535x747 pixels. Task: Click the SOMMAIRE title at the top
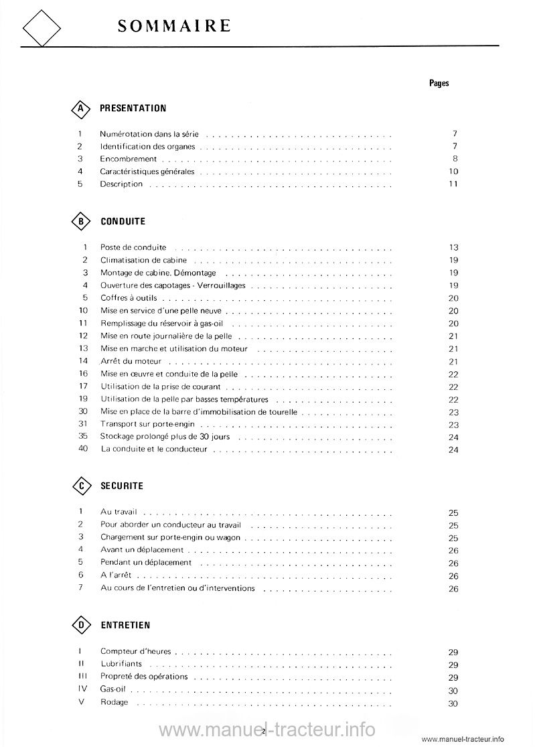pyautogui.click(x=174, y=25)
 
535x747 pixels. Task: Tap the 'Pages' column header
pyautogui.click(x=439, y=83)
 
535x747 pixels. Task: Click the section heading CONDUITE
pyautogui.click(x=123, y=221)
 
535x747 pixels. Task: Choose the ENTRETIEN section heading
pyautogui.click(x=125, y=625)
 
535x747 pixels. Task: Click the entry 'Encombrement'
pyautogui.click(x=128, y=159)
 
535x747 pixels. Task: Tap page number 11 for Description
pyautogui.click(x=453, y=184)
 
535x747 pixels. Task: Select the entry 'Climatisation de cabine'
pyautogui.click(x=143, y=260)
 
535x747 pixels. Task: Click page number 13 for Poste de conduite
pyautogui.click(x=453, y=248)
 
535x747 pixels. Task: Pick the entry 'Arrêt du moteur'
pyautogui.click(x=131, y=361)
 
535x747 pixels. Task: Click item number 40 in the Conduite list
pyautogui.click(x=83, y=449)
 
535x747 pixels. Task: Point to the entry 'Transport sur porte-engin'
pyautogui.click(x=147, y=424)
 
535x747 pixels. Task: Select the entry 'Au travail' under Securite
pyautogui.click(x=119, y=512)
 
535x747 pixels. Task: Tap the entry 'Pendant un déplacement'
pyautogui.click(x=145, y=563)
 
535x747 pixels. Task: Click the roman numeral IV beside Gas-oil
pyautogui.click(x=81, y=689)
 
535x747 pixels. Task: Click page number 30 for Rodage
pyautogui.click(x=453, y=703)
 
